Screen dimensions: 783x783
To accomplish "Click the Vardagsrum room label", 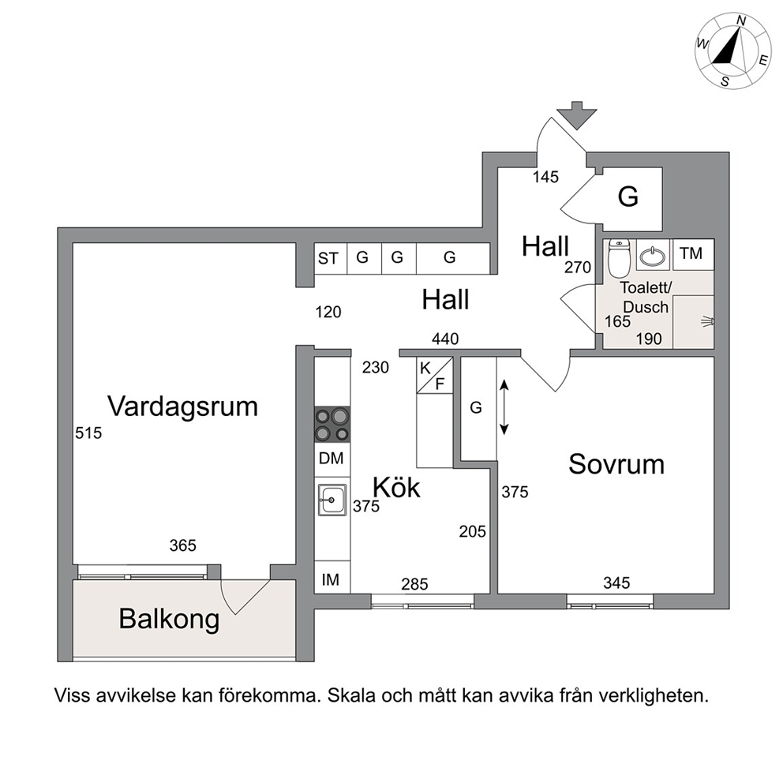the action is (x=183, y=406).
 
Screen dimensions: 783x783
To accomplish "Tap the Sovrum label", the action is (x=616, y=464).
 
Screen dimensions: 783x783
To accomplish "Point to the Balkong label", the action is (x=169, y=620).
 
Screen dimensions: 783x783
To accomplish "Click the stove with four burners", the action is (x=332, y=425).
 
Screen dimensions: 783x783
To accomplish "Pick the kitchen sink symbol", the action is (x=332, y=500).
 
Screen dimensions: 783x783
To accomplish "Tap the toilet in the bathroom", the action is (x=619, y=257).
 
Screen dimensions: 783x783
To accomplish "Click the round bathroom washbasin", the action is (x=653, y=257).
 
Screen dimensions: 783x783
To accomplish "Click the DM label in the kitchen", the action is (x=331, y=458).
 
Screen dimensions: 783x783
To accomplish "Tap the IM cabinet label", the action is (x=331, y=580).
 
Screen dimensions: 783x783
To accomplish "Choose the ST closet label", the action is (x=328, y=259).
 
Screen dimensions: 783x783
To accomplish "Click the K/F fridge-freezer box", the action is (x=434, y=375).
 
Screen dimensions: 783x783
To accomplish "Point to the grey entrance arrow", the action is (x=577, y=115).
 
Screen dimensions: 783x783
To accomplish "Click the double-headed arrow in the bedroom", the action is (x=504, y=406).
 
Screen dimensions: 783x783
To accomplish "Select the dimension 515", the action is (x=88, y=433).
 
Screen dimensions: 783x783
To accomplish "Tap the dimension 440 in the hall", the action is (x=445, y=339).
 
